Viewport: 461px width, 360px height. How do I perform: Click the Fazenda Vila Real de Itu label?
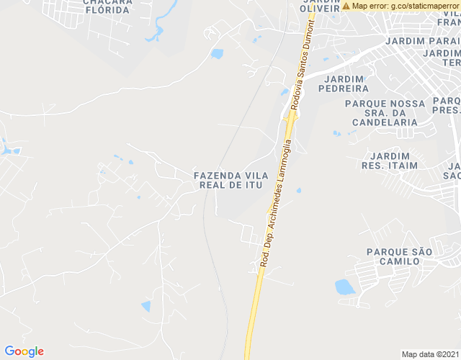point(230,180)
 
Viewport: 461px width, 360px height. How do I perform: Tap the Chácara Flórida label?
point(108,6)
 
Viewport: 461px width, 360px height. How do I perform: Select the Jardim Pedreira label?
point(346,84)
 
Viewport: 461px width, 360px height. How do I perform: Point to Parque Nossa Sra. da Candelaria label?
point(385,113)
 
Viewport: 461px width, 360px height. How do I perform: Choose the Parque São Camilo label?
point(399,256)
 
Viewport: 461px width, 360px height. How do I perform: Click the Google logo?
point(24,351)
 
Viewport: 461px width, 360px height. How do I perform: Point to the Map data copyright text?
point(429,354)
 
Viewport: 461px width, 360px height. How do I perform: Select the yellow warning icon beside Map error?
point(346,6)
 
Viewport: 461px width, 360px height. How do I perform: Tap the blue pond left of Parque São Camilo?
point(345,287)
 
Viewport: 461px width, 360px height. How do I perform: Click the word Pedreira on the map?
point(346,89)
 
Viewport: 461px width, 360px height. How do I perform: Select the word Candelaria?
point(385,122)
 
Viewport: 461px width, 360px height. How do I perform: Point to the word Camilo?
point(398,261)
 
